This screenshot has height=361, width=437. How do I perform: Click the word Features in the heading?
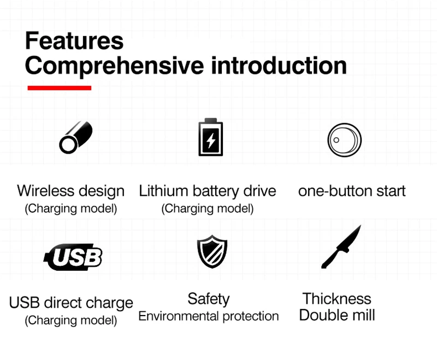pos(74,40)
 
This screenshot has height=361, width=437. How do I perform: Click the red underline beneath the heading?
pos(60,88)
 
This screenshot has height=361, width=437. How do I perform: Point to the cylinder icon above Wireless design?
pos(75,137)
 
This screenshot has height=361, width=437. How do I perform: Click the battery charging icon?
pos(211,137)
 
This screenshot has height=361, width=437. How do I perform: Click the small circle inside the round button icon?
pos(336,140)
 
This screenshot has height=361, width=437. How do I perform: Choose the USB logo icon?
pos(73,257)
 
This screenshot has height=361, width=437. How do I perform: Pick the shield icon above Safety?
pos(212,252)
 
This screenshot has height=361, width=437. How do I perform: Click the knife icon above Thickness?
pos(342,247)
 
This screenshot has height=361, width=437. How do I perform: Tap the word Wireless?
pos(45,191)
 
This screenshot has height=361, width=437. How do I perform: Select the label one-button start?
pos(352,191)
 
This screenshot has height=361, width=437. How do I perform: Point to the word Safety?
pos(209,299)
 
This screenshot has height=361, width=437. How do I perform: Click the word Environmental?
pos(179,316)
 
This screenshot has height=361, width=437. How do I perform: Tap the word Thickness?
pos(337,299)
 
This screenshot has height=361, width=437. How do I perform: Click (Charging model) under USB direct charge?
pos(71,321)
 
